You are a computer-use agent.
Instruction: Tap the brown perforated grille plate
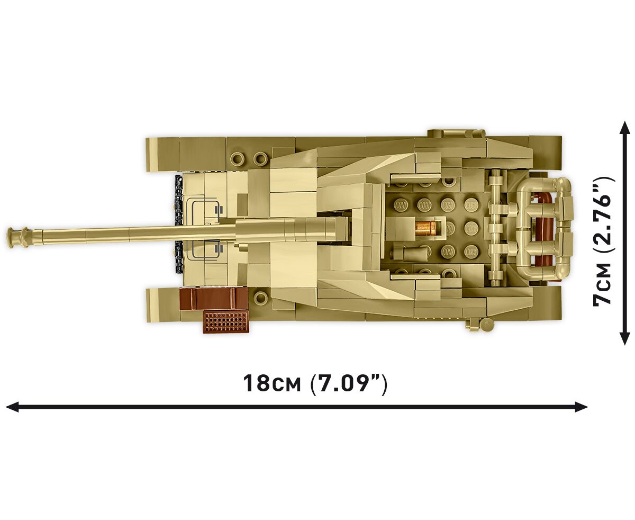click(x=226, y=321)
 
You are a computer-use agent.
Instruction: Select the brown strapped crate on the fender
click(x=213, y=299)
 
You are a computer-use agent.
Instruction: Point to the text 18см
click(x=271, y=383)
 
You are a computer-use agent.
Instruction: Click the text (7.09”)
click(x=348, y=383)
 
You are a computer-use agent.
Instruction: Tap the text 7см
click(x=603, y=286)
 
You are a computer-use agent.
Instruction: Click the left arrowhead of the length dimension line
click(x=12, y=407)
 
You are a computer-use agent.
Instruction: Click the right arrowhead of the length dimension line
click(x=581, y=407)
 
